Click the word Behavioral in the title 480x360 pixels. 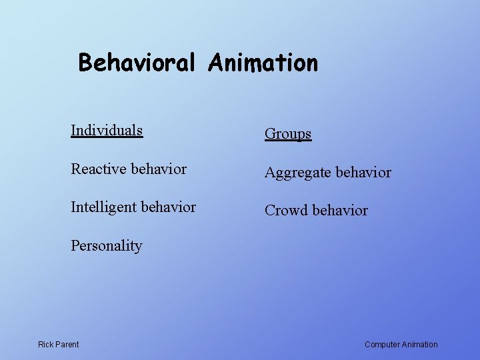click(x=137, y=63)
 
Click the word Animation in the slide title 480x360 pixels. click(x=263, y=63)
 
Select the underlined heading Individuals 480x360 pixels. click(x=107, y=130)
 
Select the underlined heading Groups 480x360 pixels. click(x=288, y=134)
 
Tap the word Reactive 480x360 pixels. click(x=99, y=169)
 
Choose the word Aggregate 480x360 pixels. click(x=297, y=173)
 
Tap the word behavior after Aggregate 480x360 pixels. click(x=363, y=173)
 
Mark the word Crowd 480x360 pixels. click(x=287, y=211)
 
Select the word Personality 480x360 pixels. click(x=107, y=246)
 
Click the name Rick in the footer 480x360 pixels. click(x=46, y=345)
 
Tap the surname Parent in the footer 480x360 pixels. click(x=67, y=345)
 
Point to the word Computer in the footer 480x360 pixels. click(x=382, y=345)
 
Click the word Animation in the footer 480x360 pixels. click(x=420, y=345)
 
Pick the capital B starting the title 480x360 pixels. click(x=85, y=63)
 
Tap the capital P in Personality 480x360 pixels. click(x=75, y=245)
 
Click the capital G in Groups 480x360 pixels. click(x=271, y=134)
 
